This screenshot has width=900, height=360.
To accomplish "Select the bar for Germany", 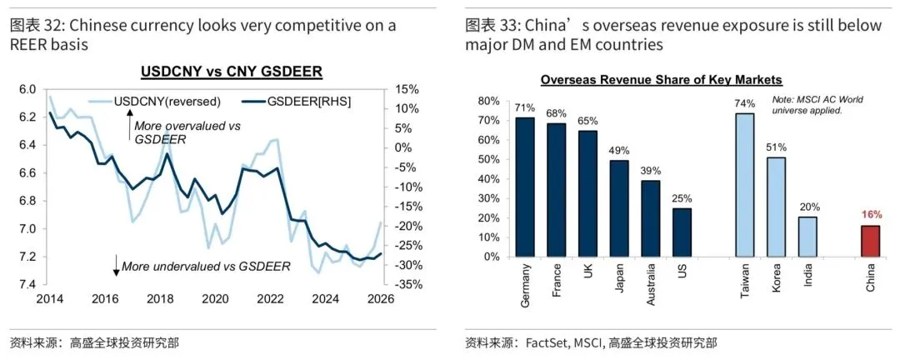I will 524,187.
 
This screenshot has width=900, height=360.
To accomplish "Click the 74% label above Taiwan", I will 744,104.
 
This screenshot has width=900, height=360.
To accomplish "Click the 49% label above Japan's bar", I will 619,150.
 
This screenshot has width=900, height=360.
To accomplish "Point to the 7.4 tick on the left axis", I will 27,285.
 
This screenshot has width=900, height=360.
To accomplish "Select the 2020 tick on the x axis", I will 215,299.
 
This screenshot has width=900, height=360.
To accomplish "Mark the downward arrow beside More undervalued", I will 116,267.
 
